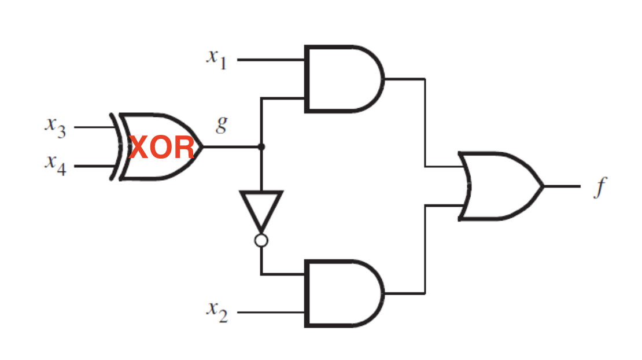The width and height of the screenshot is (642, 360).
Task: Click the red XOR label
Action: [x=161, y=148]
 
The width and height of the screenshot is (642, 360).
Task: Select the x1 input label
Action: [x=216, y=60]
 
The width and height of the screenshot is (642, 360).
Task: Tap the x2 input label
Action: [x=217, y=312]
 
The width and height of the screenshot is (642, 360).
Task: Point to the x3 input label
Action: [x=56, y=127]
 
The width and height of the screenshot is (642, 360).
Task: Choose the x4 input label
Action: [x=56, y=165]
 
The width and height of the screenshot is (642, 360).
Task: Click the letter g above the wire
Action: [x=222, y=124]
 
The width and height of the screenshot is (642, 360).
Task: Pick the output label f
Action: [x=600, y=187]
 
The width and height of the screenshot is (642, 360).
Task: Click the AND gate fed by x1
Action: [x=344, y=79]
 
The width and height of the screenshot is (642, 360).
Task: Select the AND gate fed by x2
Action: [x=344, y=293]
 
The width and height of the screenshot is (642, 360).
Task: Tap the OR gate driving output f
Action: [x=500, y=186]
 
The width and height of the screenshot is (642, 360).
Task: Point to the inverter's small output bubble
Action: [x=261, y=240]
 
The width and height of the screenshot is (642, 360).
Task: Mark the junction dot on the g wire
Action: [x=261, y=146]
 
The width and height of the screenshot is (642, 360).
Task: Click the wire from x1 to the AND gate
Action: [x=271, y=60]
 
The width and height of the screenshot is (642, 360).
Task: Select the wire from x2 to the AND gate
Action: [x=271, y=313]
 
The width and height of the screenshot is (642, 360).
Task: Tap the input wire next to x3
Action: [x=95, y=127]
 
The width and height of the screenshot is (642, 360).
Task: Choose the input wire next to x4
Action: [x=95, y=166]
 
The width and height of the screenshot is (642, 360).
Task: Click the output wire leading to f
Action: [x=562, y=186]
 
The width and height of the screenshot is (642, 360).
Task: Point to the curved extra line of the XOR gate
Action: [x=116, y=146]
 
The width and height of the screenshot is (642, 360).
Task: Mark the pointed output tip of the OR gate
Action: [x=544, y=186]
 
